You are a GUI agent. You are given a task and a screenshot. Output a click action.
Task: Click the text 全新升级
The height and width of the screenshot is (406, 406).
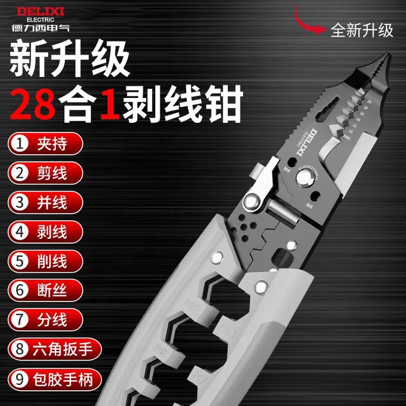(x=362, y=30)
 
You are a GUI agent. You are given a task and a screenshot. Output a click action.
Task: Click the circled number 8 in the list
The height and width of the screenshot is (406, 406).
(x=20, y=349)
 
